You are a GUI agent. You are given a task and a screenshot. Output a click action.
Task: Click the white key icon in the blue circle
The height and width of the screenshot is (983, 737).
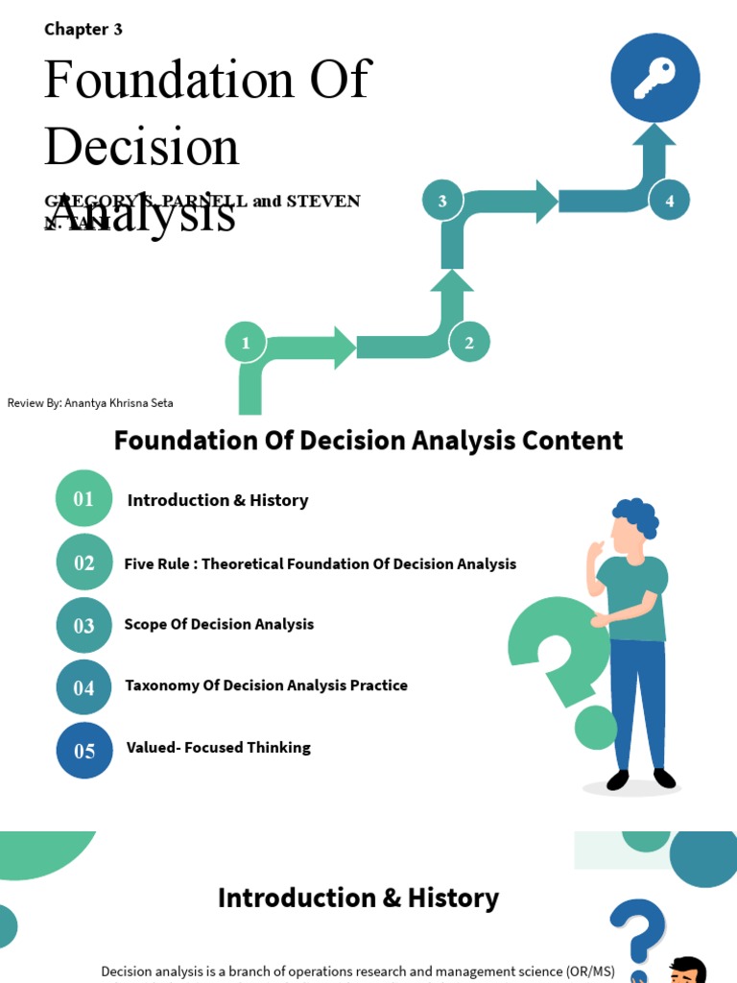click(655, 78)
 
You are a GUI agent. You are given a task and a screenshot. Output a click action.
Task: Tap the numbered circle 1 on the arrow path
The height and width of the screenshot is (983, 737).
click(246, 343)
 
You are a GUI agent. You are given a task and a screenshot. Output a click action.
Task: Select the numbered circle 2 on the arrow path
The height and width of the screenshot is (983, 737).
click(469, 343)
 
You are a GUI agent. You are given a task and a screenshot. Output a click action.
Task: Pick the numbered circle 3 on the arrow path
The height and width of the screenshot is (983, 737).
click(442, 201)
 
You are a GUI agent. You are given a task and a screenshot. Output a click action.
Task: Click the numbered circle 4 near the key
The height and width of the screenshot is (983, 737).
click(669, 201)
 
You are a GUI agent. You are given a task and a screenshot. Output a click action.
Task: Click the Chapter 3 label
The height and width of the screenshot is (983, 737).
click(83, 29)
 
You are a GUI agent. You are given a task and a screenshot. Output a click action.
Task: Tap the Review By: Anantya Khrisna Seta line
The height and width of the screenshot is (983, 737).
click(90, 403)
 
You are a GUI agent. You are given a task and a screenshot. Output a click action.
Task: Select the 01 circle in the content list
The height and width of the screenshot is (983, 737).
click(84, 498)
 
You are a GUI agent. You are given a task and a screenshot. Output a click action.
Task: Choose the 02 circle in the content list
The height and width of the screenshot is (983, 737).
click(84, 563)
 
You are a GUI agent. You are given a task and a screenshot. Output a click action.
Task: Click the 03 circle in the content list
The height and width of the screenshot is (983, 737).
click(84, 626)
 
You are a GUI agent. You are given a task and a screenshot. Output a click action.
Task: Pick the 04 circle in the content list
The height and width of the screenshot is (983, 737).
click(84, 687)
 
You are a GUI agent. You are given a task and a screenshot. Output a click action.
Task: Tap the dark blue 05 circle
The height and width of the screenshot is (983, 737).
click(84, 751)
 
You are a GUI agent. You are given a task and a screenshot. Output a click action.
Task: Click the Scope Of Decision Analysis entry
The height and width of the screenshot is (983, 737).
click(219, 624)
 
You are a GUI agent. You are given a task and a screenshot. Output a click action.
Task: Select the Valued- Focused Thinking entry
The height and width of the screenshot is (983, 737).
click(219, 747)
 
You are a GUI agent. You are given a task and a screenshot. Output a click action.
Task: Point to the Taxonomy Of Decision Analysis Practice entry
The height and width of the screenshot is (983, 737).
click(266, 685)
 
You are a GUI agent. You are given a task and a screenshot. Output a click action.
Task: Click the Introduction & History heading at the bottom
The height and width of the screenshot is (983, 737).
click(358, 898)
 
